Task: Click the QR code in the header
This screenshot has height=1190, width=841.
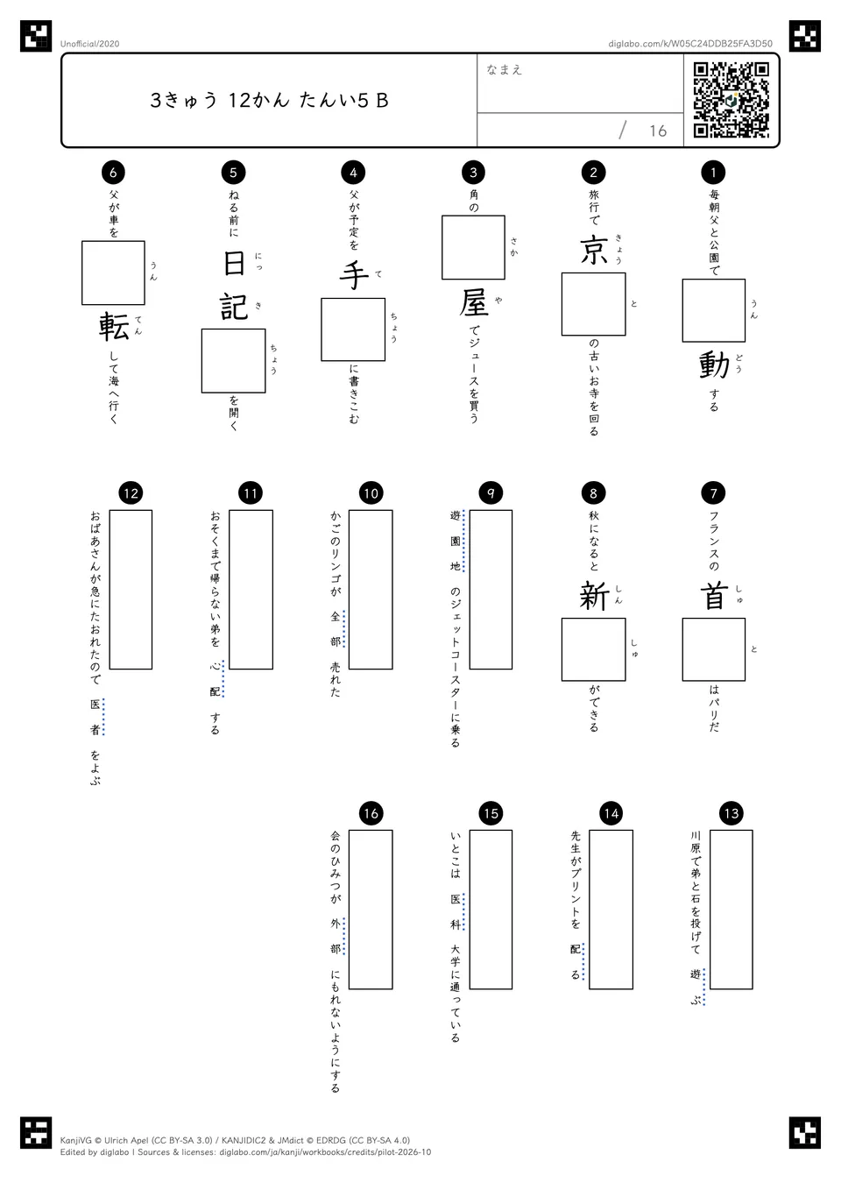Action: coord(731,100)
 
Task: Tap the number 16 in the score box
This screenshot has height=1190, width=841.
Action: coord(658,131)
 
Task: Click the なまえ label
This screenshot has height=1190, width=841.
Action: coord(505,69)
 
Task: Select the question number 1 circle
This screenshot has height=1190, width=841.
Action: coord(713,172)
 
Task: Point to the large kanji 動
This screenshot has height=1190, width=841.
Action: coord(714,365)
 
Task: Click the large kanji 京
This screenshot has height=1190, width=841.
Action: coord(594,251)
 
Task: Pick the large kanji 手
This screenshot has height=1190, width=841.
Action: coord(354,275)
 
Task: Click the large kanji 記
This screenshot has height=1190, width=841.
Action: coord(234,307)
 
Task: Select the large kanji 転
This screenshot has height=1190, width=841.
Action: coord(114,326)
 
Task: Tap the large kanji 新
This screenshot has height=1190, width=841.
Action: coord(594,596)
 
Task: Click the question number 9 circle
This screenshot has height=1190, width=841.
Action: coord(491,493)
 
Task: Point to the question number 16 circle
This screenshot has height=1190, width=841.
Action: coord(371,813)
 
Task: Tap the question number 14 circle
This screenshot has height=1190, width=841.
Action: coord(611,813)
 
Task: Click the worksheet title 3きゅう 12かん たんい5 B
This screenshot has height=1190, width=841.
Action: coord(269,100)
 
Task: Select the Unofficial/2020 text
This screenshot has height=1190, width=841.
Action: coord(89,44)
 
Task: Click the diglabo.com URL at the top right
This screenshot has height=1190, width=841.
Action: coord(690,44)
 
